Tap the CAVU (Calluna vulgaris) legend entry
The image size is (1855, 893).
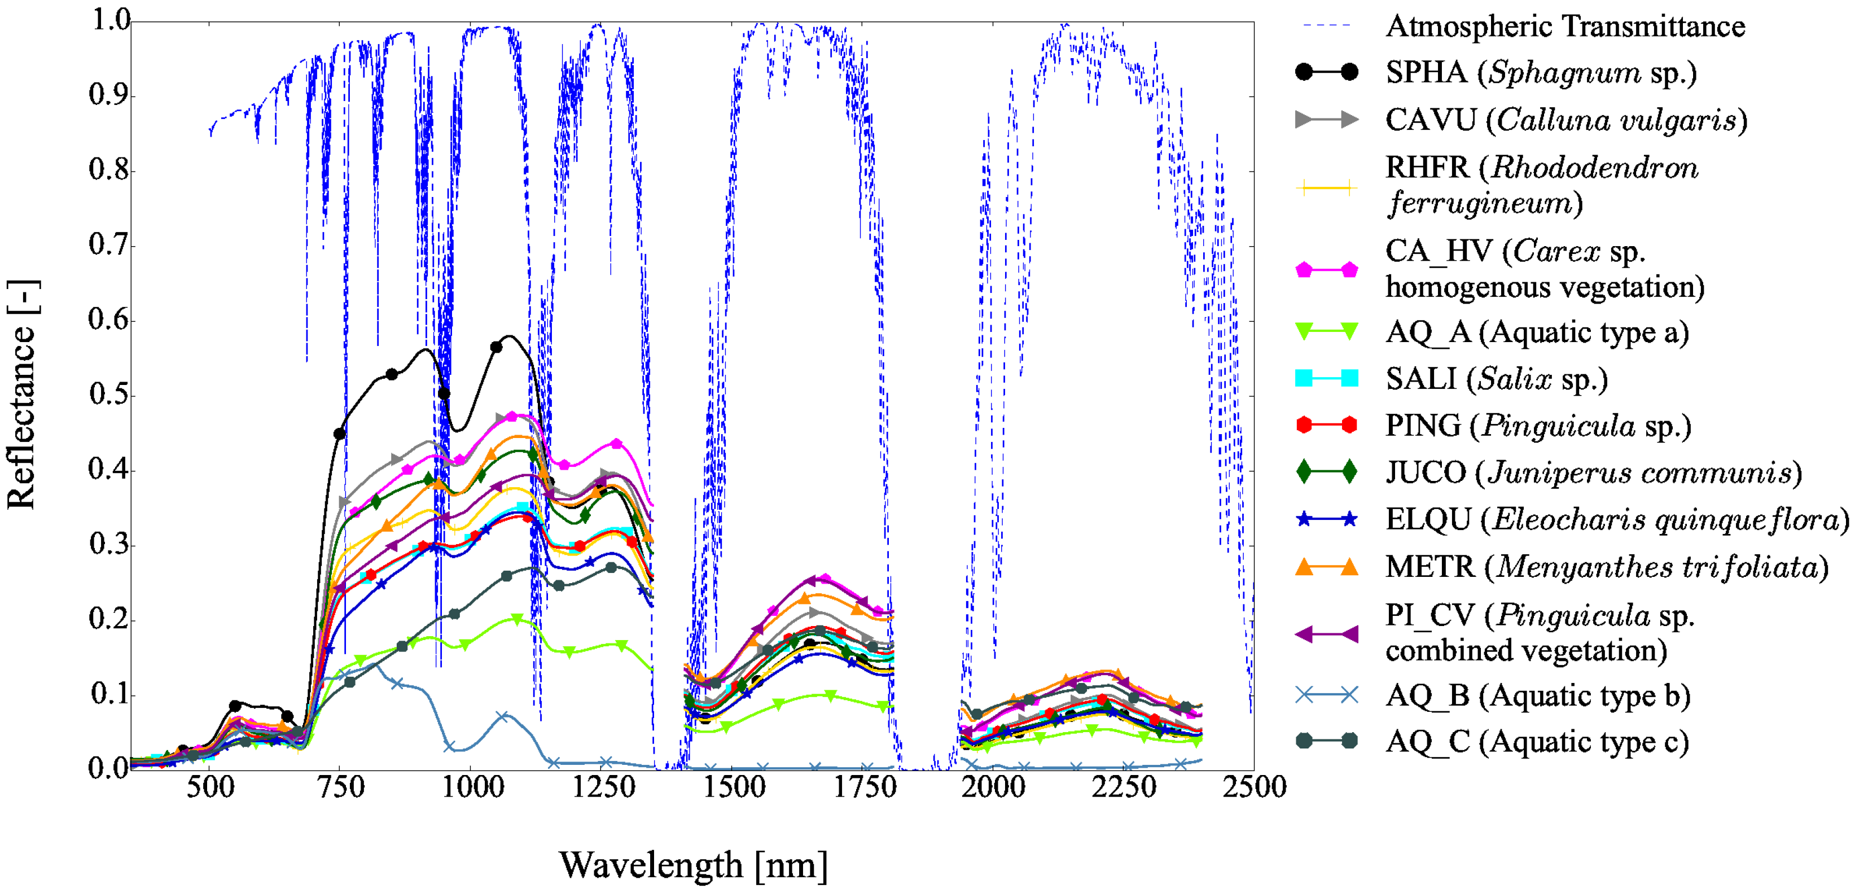(1565, 120)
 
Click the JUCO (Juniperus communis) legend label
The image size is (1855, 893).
(1593, 472)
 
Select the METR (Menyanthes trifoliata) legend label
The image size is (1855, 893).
(1606, 567)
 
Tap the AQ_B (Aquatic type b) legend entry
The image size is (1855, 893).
(1537, 695)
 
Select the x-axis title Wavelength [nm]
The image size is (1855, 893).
(693, 865)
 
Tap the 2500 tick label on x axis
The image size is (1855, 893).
(1254, 787)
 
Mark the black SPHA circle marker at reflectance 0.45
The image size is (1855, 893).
(340, 434)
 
